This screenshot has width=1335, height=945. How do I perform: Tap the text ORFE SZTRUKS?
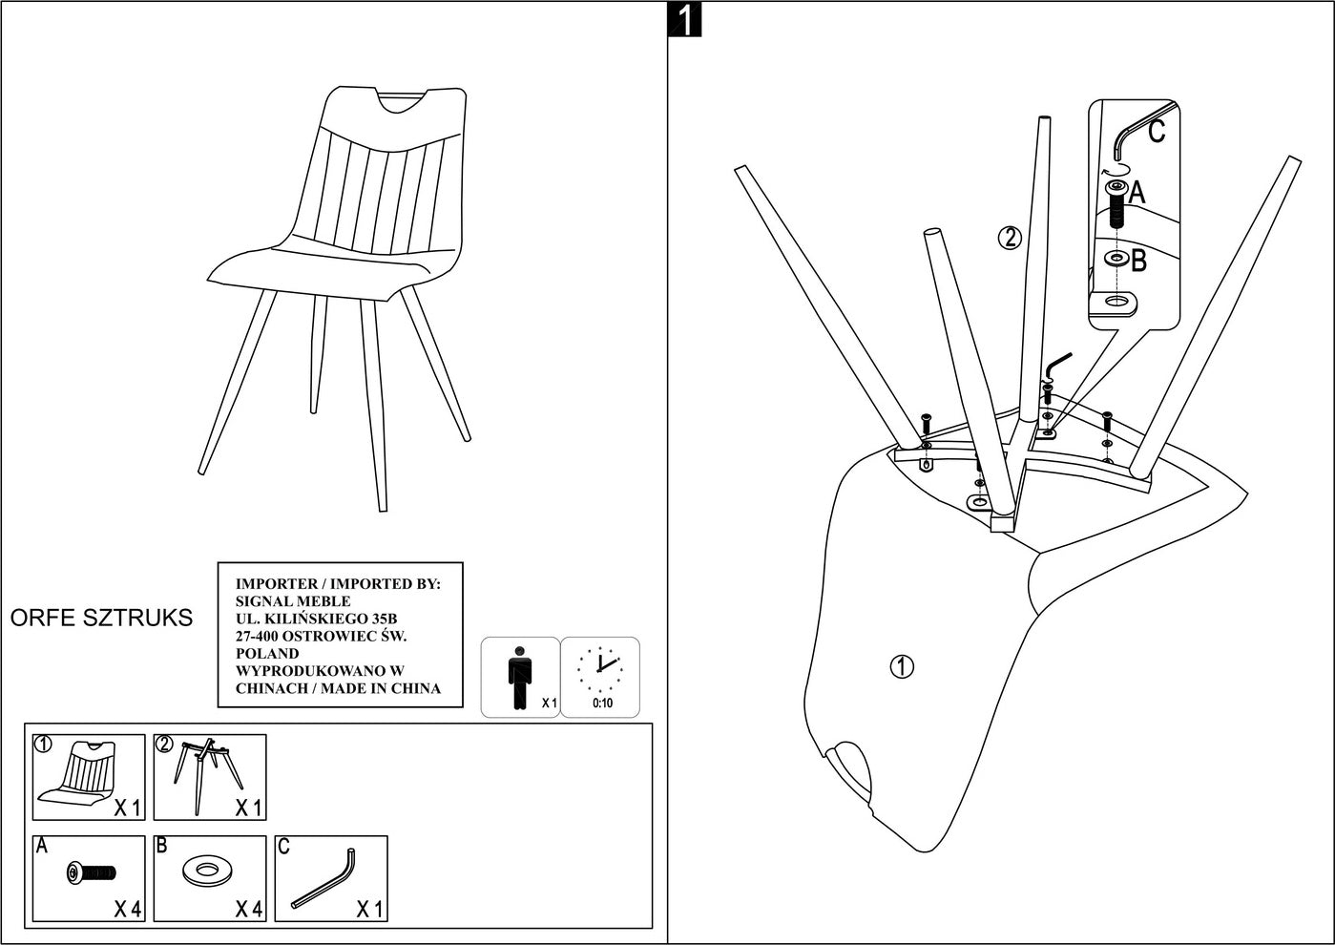(101, 618)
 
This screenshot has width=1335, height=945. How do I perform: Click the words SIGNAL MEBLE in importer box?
(293, 601)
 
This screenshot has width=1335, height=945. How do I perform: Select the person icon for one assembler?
(519, 678)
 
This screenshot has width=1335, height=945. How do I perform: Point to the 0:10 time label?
(602, 703)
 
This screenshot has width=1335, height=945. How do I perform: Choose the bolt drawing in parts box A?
(91, 872)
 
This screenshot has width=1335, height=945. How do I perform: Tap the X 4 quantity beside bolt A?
(128, 910)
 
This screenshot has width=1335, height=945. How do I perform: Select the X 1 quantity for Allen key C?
(369, 910)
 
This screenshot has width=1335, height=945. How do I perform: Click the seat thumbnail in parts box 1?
(75, 774)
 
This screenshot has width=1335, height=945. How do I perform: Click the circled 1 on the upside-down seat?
(901, 666)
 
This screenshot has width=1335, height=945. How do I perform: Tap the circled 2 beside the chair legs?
(1010, 237)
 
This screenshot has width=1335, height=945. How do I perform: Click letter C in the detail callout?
(1157, 131)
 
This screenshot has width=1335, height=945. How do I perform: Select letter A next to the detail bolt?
(1137, 194)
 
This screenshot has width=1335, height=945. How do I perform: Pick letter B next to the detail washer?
(1138, 260)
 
